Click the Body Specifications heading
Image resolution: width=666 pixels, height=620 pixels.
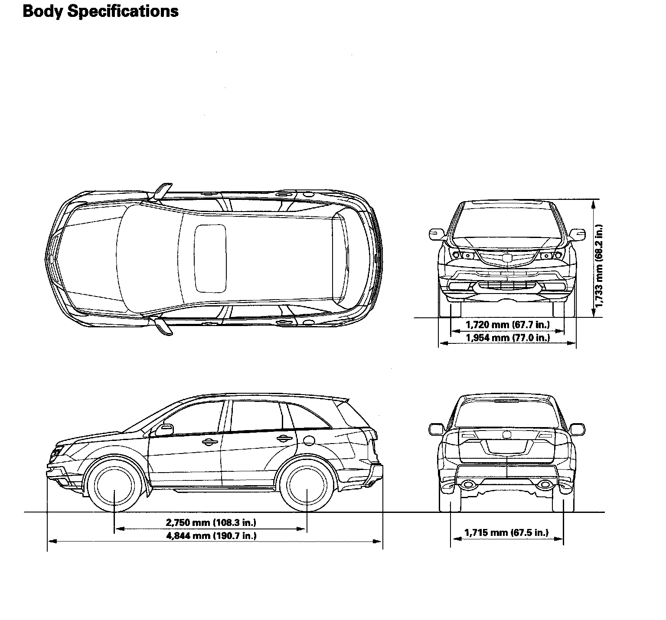pos(100,11)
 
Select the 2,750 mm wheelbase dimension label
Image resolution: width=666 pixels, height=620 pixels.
pos(211,522)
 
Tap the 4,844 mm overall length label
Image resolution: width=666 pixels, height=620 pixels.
pos(211,535)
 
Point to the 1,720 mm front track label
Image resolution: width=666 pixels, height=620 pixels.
pos(508,324)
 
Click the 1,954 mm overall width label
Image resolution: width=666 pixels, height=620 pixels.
pos(508,337)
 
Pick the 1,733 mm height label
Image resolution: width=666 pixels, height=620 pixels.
pos(599,265)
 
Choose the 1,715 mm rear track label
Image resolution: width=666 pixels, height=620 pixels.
pos(506,532)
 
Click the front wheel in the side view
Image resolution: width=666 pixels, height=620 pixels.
pos(114,489)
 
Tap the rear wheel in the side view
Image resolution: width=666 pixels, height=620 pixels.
pos(307,489)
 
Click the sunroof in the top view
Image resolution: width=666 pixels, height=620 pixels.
pos(210,258)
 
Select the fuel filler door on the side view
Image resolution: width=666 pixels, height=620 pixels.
pos(309,440)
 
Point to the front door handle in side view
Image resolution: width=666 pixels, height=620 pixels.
pos(209,442)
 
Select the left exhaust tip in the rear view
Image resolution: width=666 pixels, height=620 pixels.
pos(467,484)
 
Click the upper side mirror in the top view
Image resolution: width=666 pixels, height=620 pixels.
pos(162,191)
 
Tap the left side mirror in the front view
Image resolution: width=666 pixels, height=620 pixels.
pos(436,234)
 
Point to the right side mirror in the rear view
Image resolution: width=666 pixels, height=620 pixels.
pos(577,429)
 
